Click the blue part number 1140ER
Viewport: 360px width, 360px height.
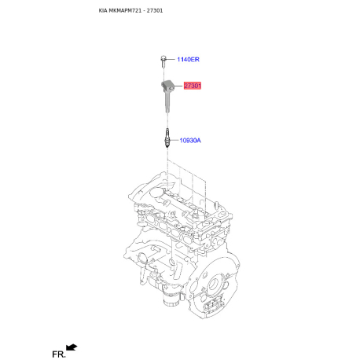pos(188,60)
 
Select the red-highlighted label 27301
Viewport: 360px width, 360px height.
pos(193,86)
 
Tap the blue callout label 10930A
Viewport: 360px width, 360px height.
pos(190,141)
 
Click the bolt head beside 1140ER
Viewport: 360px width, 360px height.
pos(163,57)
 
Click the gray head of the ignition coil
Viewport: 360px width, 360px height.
pos(167,86)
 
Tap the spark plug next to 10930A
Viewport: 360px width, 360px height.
pos(167,138)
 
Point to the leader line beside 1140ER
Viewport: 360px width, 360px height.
pos(170,59)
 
